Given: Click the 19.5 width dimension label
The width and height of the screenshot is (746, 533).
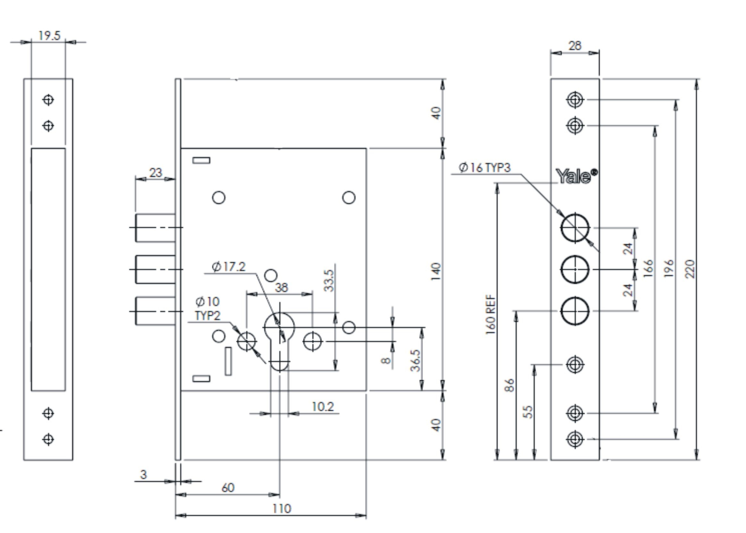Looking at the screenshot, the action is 49,35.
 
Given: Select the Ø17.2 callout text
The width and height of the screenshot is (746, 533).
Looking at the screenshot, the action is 229,266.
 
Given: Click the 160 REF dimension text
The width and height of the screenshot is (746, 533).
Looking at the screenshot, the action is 490,314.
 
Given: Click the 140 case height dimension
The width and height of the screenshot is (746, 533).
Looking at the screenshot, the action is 436,271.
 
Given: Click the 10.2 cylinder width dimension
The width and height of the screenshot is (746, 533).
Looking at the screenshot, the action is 323,407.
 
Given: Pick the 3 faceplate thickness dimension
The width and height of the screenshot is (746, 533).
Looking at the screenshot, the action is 143,474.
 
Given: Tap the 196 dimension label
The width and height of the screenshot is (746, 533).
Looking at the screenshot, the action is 669,268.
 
